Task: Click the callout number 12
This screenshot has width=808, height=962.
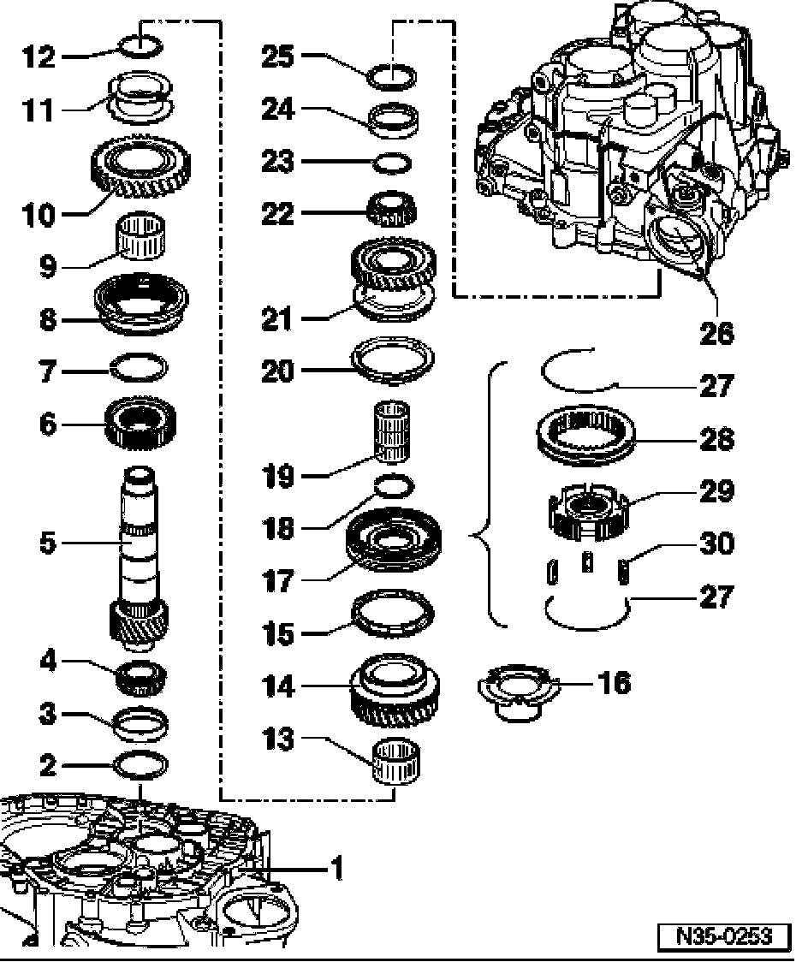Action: [x=38, y=57]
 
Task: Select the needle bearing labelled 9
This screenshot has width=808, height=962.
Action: [x=140, y=236]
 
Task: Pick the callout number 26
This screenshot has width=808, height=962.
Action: [x=716, y=333]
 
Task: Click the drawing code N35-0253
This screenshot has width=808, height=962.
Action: [x=724, y=936]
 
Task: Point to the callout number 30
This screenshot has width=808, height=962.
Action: [x=716, y=543]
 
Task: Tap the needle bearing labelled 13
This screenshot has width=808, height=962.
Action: [x=396, y=761]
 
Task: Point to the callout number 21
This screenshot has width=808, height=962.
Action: [x=278, y=319]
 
